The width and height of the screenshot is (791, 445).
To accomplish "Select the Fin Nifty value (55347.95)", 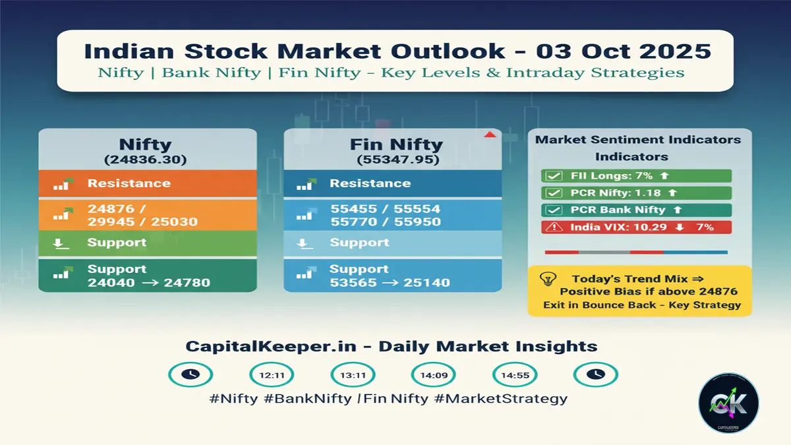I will point(392,159).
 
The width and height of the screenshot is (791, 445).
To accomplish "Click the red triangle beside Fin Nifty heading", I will point(489,135).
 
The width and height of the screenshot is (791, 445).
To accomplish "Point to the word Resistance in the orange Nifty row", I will point(129,183).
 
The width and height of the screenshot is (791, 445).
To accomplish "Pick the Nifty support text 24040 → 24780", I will point(149,283).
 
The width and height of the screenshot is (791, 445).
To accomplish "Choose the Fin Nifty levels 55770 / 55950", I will point(385,222).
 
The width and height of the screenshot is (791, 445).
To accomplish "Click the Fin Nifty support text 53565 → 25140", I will point(390,283).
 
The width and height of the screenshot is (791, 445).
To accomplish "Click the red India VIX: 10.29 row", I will point(636,227).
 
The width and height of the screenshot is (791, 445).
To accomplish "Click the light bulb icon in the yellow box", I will point(546,280).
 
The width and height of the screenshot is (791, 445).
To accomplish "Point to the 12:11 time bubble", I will point(272,374).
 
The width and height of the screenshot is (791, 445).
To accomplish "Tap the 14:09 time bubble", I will point(433,374).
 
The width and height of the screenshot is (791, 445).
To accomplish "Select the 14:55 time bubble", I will point(514,374).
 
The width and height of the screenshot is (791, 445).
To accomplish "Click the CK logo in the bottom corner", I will point(728,403).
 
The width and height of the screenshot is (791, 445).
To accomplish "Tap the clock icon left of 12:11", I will point(190,374).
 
